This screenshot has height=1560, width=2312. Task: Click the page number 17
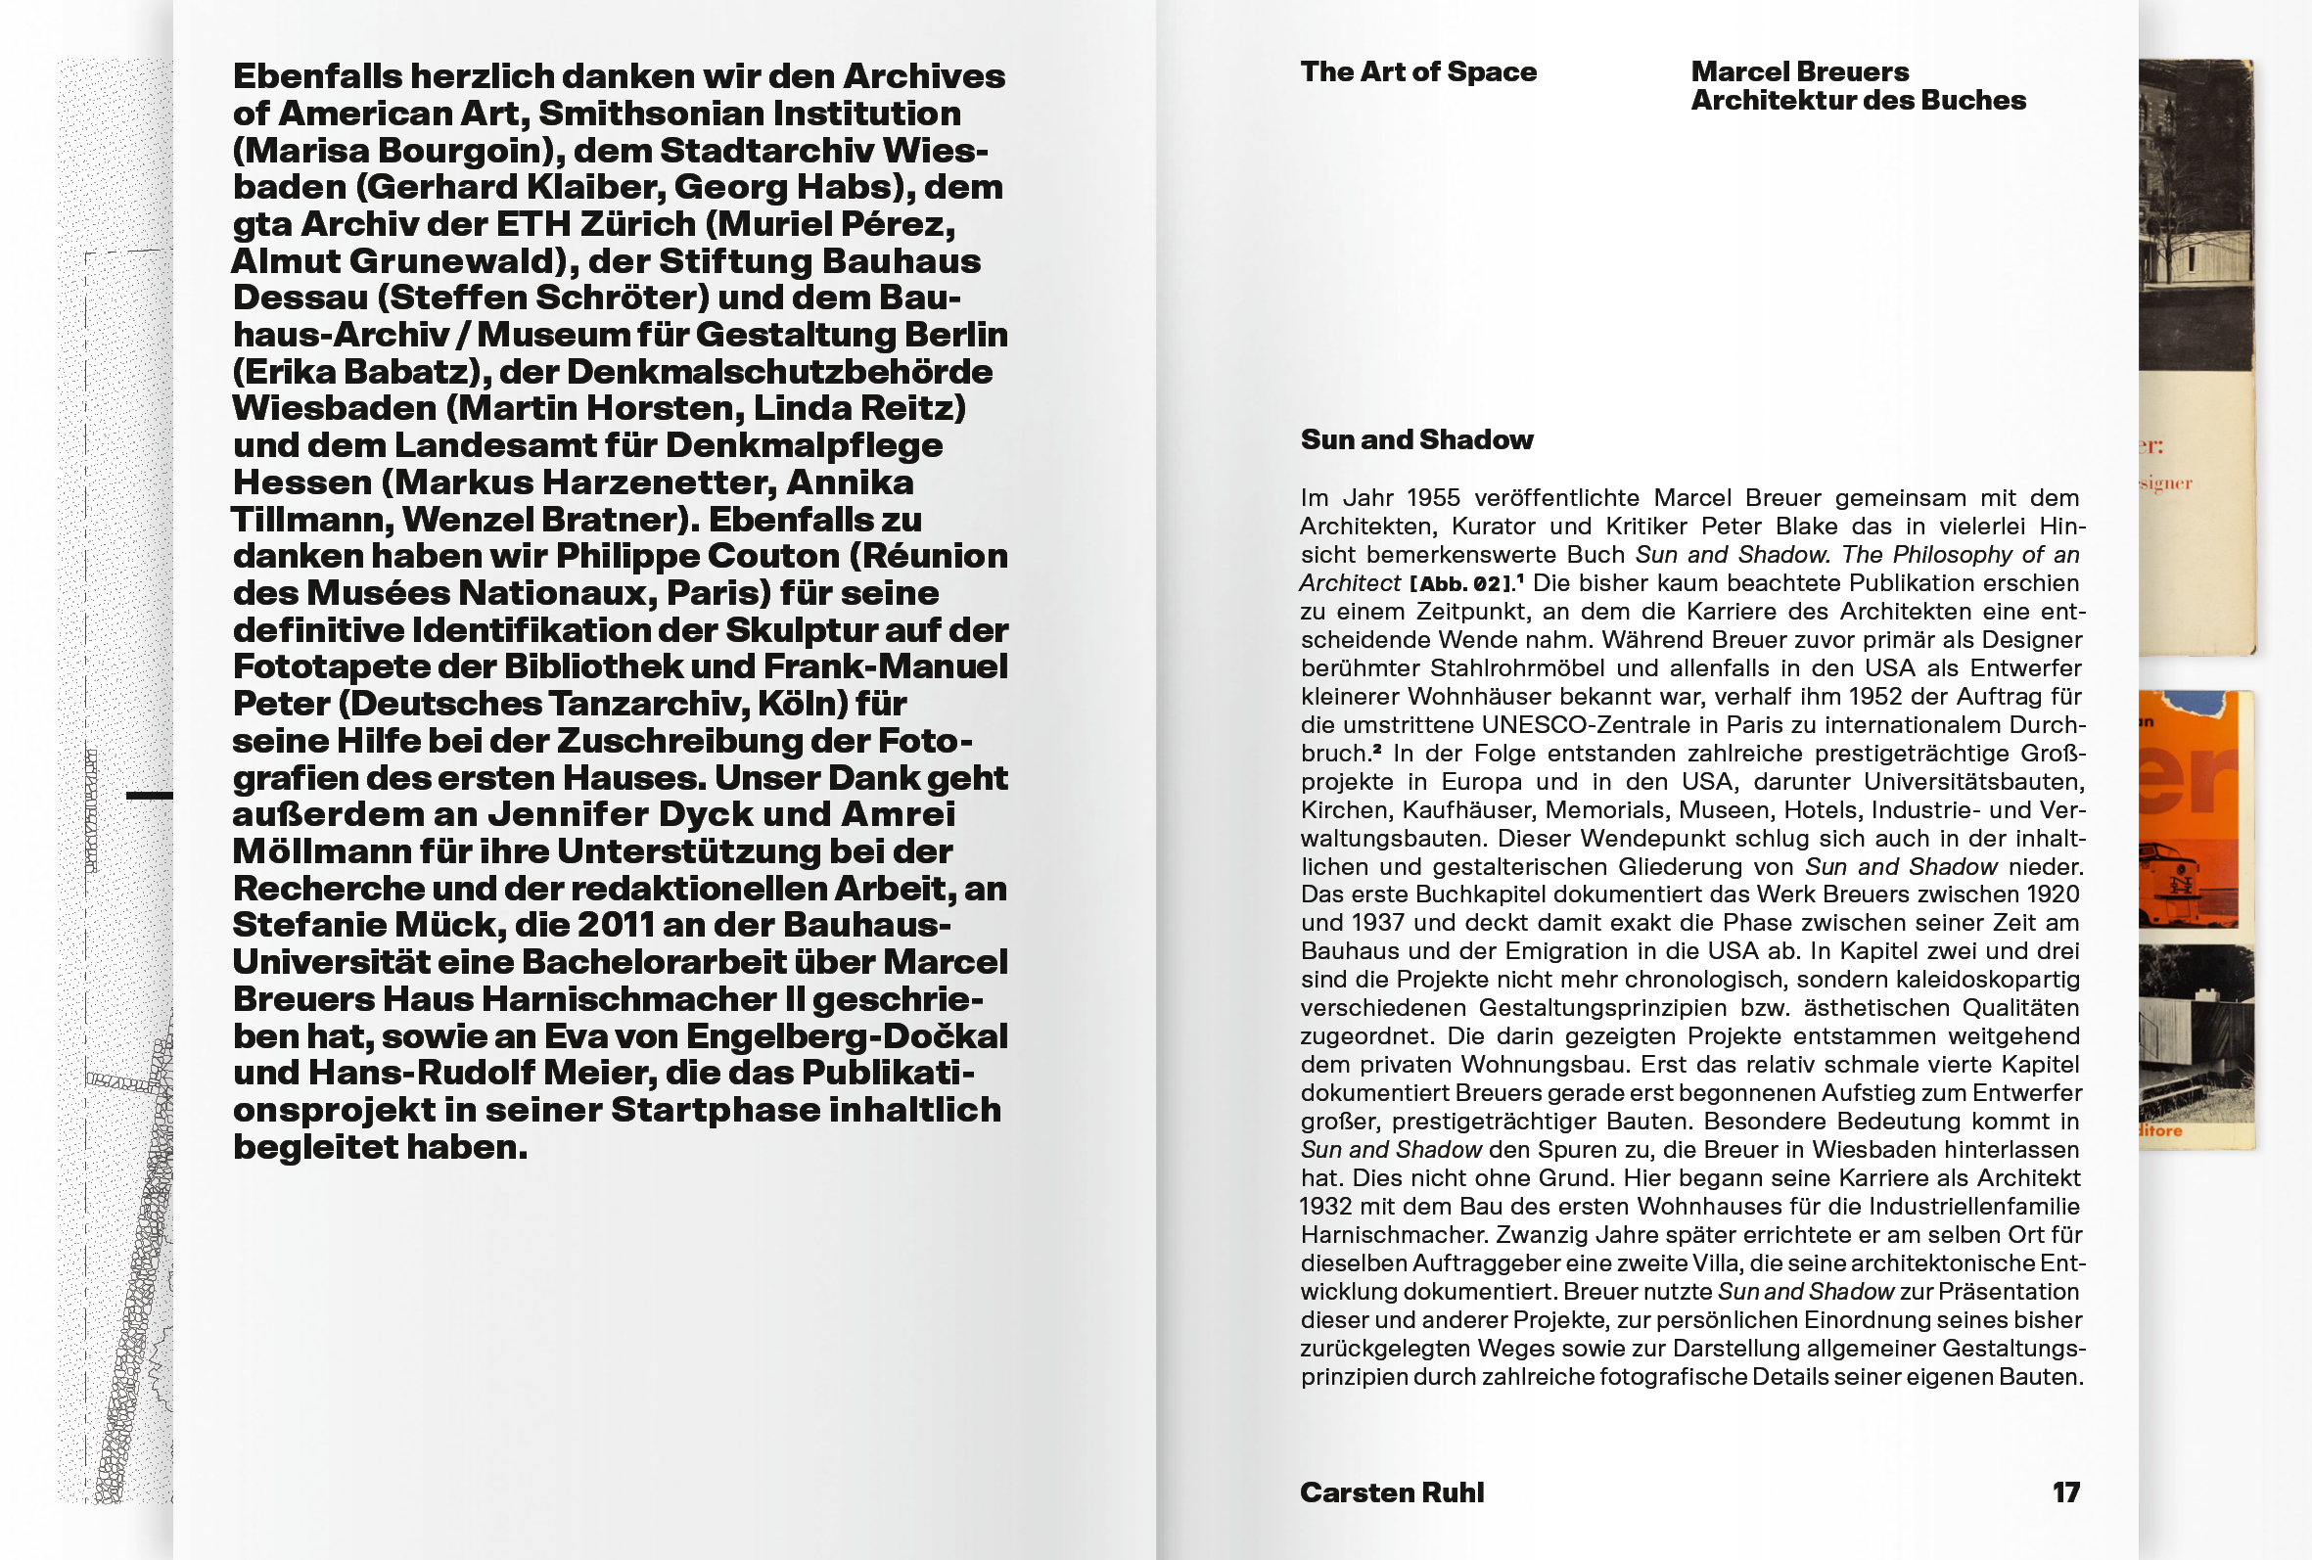(2065, 1492)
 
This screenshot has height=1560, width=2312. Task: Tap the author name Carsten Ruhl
(1391, 1492)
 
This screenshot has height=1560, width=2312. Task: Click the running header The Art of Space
(1417, 71)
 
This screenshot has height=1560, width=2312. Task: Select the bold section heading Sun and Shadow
(1416, 439)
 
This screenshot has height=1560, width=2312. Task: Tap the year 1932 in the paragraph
(1325, 1207)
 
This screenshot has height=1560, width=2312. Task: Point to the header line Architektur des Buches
(1858, 101)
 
